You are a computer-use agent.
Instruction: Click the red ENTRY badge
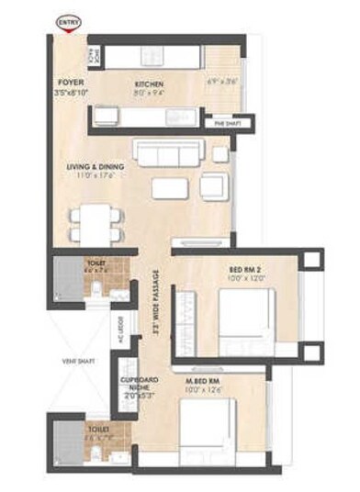click(x=68, y=19)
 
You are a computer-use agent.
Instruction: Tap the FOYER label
click(x=70, y=81)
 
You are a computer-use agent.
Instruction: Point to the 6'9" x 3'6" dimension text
click(x=223, y=82)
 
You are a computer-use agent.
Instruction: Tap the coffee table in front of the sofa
click(x=170, y=187)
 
